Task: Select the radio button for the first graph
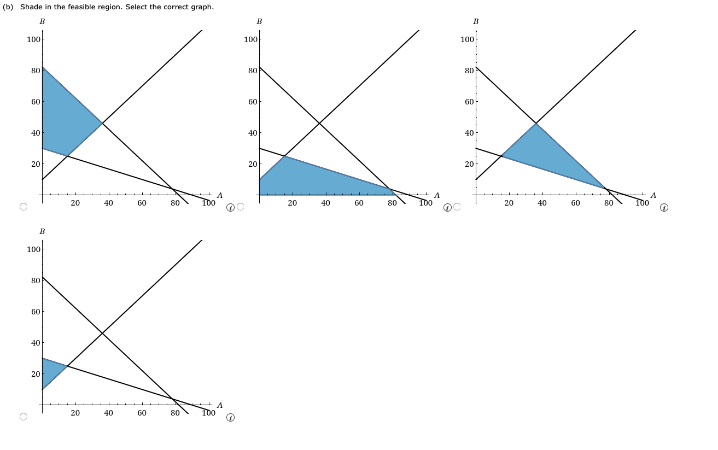(23, 207)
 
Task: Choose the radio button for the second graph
(240, 207)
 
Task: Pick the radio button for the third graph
(457, 207)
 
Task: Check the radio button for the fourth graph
(23, 417)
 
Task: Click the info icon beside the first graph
(230, 208)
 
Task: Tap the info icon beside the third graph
(664, 208)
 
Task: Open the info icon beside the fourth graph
(230, 418)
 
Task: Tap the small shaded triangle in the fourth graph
(50, 372)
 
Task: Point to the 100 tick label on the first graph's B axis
(33, 39)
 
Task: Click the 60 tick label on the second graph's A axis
(359, 203)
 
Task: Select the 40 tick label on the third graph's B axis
(469, 133)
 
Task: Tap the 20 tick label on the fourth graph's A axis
(75, 413)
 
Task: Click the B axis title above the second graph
(259, 21)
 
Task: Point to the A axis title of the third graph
(653, 195)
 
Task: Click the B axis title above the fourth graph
(42, 231)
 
